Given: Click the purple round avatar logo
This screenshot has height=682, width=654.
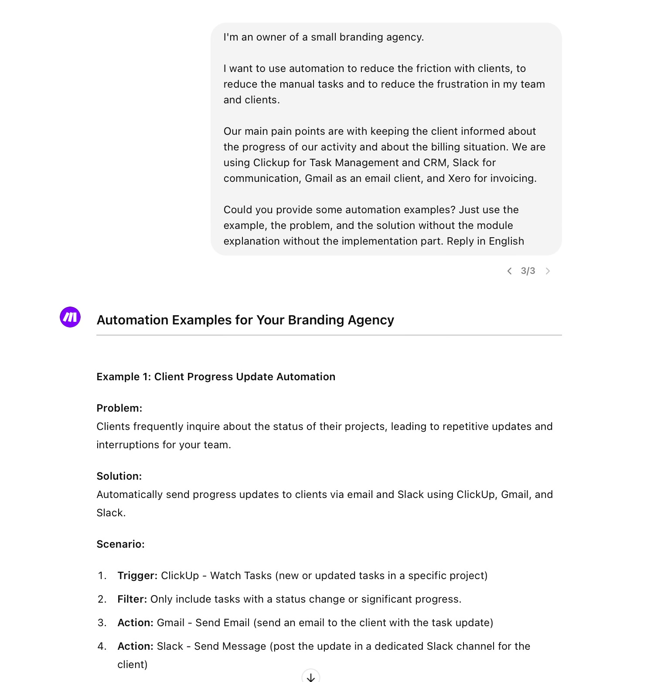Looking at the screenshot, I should (x=70, y=317).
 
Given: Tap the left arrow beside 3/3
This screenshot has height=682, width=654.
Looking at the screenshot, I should (x=509, y=271).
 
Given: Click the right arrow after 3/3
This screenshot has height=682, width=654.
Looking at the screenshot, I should (x=548, y=271).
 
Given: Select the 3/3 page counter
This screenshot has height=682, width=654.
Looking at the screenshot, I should (x=528, y=271).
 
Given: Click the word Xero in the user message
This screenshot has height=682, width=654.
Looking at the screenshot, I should (x=459, y=178).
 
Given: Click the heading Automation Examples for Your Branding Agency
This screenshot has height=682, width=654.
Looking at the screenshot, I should (x=245, y=320).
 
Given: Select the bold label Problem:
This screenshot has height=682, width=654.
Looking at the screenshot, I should (x=119, y=408).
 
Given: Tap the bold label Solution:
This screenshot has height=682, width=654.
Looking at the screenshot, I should (x=119, y=476).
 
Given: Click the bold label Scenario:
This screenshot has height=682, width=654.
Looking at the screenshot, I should (x=120, y=544).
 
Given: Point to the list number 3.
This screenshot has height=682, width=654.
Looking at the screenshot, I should (x=102, y=623).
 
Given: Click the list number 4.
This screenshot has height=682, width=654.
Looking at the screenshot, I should (x=102, y=646).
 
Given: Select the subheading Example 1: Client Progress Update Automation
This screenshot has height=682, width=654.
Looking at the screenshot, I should (x=216, y=377).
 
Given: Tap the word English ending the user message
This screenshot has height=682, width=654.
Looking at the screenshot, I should (x=506, y=241).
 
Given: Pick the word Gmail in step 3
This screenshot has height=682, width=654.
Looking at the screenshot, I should (x=170, y=623).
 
